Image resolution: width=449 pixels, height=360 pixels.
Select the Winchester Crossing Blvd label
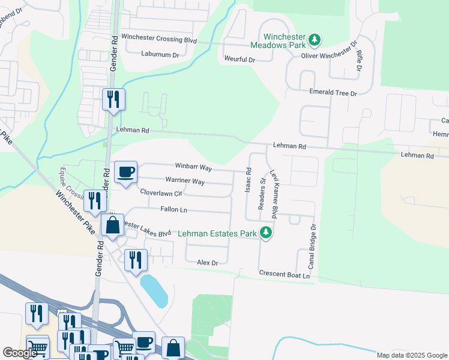pos(159,37)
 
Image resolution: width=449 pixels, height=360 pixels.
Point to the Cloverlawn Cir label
pos(160,193)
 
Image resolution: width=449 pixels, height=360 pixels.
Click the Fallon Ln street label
pos(174,209)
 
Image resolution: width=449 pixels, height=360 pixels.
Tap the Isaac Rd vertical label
pos(247,180)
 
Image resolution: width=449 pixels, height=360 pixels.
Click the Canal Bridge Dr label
pos(312,247)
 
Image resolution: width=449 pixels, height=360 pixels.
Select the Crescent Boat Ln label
pos(284,274)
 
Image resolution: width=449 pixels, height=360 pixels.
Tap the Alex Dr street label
pos(207,263)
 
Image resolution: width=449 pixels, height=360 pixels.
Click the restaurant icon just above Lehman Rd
pos(113,100)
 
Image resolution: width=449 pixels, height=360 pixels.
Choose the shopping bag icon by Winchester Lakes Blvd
pos(112,226)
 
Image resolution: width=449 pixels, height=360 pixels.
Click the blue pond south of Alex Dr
pos(154,290)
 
